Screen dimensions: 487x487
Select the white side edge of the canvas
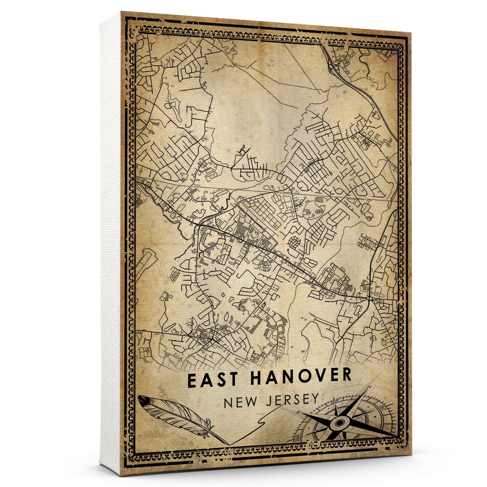point(110,243)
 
